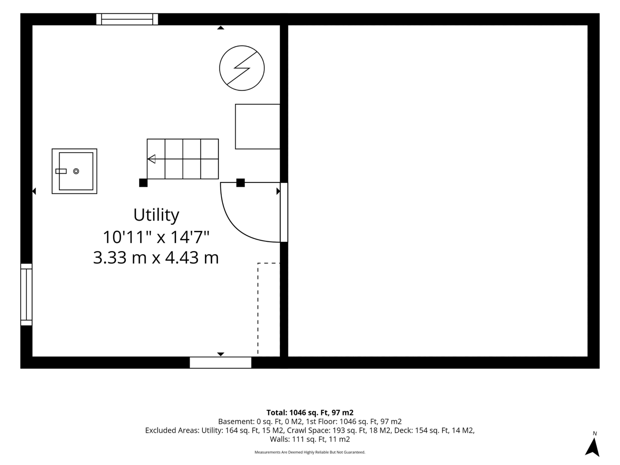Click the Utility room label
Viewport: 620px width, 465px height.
tap(156, 215)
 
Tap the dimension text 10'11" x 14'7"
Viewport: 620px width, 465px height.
tap(156, 237)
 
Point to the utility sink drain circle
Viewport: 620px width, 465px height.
tap(76, 171)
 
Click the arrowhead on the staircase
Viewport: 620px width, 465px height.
tap(151, 159)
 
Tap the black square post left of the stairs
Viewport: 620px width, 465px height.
tap(143, 183)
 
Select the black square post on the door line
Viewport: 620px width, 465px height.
tap(240, 183)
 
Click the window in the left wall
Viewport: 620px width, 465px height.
tap(26, 295)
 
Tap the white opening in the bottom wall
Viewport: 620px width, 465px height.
tap(221, 363)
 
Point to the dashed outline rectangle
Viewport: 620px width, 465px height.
tap(258, 308)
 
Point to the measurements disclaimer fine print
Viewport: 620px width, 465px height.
tap(310, 452)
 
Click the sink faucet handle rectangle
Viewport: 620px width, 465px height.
tap(61, 171)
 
